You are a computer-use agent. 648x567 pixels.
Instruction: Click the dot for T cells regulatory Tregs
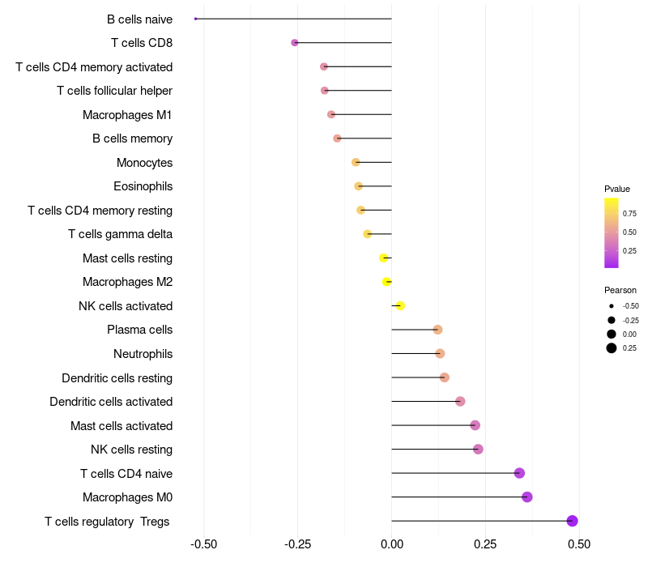tap(572, 521)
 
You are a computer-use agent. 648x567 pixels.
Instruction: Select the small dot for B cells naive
tap(196, 19)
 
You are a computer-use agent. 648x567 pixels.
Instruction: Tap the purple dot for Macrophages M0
tap(527, 497)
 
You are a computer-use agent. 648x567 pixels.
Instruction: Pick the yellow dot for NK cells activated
tap(400, 305)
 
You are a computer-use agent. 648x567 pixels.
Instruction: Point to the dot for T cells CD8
tap(295, 42)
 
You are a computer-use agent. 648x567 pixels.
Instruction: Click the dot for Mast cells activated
tap(475, 425)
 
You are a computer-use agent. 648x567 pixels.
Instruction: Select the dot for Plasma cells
tap(437, 330)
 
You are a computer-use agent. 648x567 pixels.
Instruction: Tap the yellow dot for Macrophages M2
tap(386, 282)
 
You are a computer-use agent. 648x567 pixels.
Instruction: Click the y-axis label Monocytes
tap(144, 163)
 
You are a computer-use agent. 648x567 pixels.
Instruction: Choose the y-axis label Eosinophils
tap(143, 186)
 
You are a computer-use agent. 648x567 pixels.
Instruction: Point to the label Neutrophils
tap(143, 354)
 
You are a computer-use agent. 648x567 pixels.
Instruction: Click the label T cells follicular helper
tap(114, 91)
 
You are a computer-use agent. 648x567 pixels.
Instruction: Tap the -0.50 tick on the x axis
tap(203, 544)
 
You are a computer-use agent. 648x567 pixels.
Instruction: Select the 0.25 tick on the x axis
tap(485, 544)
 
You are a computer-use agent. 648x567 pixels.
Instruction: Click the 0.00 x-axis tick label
tap(391, 544)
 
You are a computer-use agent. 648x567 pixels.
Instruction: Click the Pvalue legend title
tap(617, 189)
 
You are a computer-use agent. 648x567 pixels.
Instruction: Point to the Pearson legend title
tap(620, 290)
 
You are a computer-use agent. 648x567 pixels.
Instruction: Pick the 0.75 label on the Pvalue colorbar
tap(629, 214)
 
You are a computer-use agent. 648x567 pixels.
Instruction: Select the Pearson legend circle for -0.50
tap(612, 306)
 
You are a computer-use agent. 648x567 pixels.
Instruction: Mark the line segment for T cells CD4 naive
tap(454, 473)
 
